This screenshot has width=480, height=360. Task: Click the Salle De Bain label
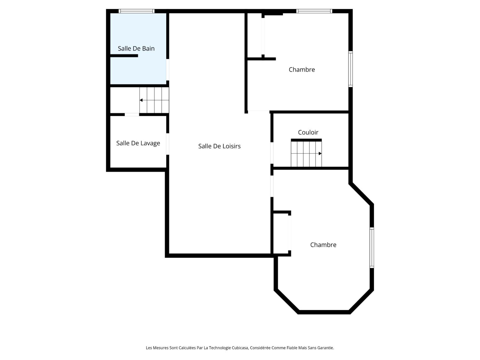click(x=136, y=48)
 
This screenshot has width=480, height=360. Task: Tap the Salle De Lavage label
click(x=138, y=143)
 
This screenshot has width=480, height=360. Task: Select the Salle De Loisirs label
click(x=219, y=146)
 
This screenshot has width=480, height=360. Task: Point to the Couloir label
click(x=308, y=132)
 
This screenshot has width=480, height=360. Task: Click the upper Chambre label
click(x=302, y=69)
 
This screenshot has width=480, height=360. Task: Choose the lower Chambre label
click(x=323, y=245)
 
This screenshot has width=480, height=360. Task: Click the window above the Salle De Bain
click(x=137, y=11)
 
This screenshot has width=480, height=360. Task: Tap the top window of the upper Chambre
click(x=314, y=11)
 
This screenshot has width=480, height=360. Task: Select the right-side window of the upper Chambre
click(x=350, y=69)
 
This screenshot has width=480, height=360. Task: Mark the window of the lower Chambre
click(x=372, y=247)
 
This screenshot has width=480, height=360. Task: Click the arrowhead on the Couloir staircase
click(x=320, y=153)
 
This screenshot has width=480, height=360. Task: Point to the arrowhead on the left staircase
click(x=141, y=100)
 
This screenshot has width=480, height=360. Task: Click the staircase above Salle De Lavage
click(x=154, y=100)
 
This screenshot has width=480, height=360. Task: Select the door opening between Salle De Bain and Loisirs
click(x=167, y=70)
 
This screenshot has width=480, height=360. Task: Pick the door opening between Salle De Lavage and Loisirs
click(x=167, y=144)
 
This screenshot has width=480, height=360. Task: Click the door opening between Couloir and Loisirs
click(x=272, y=153)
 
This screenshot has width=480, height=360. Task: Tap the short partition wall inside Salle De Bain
click(x=124, y=56)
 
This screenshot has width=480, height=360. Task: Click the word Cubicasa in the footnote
click(x=240, y=348)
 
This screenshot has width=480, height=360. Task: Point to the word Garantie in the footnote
click(x=326, y=348)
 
